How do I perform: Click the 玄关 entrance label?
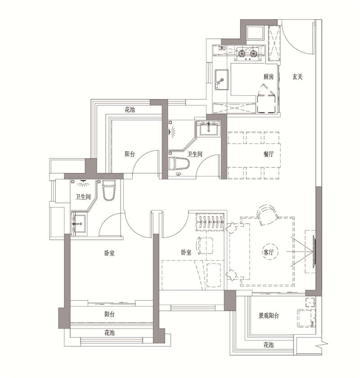(297, 77)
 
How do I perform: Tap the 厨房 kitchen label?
(268, 77)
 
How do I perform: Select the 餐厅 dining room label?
(269, 154)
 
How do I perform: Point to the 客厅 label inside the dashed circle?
(268, 252)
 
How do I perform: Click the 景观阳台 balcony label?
(269, 315)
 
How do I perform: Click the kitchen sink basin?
(221, 80)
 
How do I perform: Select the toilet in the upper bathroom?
(179, 163)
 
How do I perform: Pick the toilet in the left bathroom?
(109, 190)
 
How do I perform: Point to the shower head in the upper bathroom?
(172, 131)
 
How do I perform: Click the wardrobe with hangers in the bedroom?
(210, 222)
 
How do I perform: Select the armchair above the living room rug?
(267, 215)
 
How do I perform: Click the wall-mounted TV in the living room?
(314, 252)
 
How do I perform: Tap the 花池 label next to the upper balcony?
(130, 110)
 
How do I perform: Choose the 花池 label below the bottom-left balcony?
(109, 333)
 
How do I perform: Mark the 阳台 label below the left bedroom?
(109, 315)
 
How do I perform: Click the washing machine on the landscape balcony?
(307, 318)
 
